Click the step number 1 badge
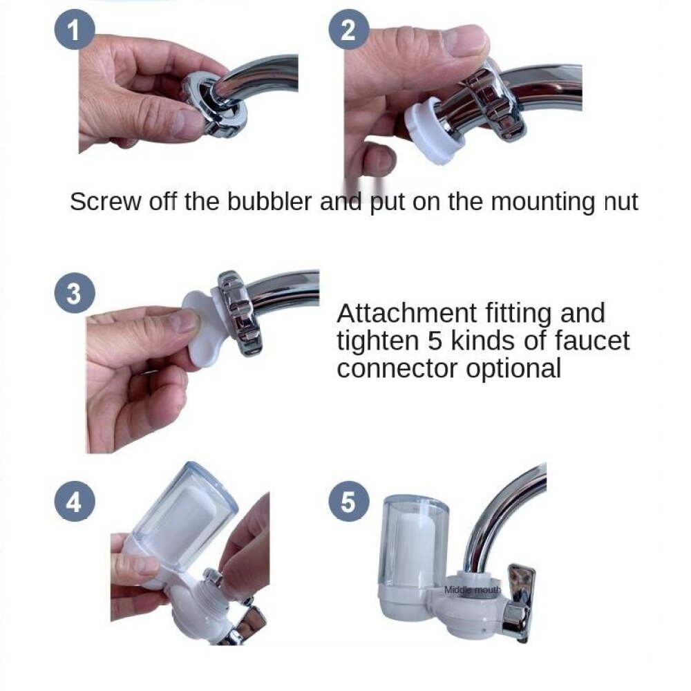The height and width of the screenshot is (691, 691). click(75, 30)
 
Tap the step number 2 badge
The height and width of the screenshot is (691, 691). click(348, 30)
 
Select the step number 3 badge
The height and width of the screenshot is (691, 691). click(75, 293)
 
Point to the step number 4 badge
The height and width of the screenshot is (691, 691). click(75, 501)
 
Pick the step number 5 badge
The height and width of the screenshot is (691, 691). click(348, 501)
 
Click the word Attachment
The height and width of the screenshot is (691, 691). click(406, 313)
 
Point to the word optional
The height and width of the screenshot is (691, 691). click(513, 368)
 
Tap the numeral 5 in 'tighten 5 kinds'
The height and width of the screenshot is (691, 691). click(435, 341)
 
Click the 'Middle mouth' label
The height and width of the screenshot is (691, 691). click(473, 589)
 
